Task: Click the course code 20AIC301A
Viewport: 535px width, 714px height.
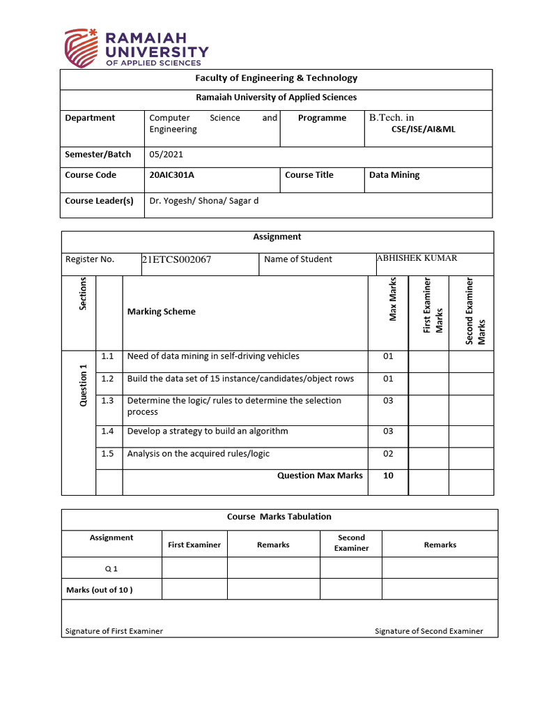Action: coord(171,175)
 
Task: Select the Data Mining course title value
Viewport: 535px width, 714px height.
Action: coord(394,175)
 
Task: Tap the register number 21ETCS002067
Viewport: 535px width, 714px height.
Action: coord(176,260)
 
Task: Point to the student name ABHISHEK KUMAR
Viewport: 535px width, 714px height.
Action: coord(417,258)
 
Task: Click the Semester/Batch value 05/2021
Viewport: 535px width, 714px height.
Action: coord(166,154)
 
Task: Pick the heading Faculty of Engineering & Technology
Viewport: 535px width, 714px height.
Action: coord(277,78)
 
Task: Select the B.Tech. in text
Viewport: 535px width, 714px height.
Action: coord(391,118)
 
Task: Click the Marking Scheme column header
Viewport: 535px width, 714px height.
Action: coord(161,312)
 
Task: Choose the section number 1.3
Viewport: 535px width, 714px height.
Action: coord(107,400)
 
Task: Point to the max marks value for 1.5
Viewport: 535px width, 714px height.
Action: coord(388,453)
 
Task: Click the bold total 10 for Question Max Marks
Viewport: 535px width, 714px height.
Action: coord(388,476)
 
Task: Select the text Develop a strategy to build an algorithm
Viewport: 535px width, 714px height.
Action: coord(208,431)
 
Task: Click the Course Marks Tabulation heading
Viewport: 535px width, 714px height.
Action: coord(279,517)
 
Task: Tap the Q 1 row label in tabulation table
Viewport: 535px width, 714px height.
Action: coord(111,568)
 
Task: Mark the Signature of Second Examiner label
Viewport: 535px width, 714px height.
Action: coord(428,631)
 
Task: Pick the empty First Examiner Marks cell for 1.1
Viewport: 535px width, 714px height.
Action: coord(428,360)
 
